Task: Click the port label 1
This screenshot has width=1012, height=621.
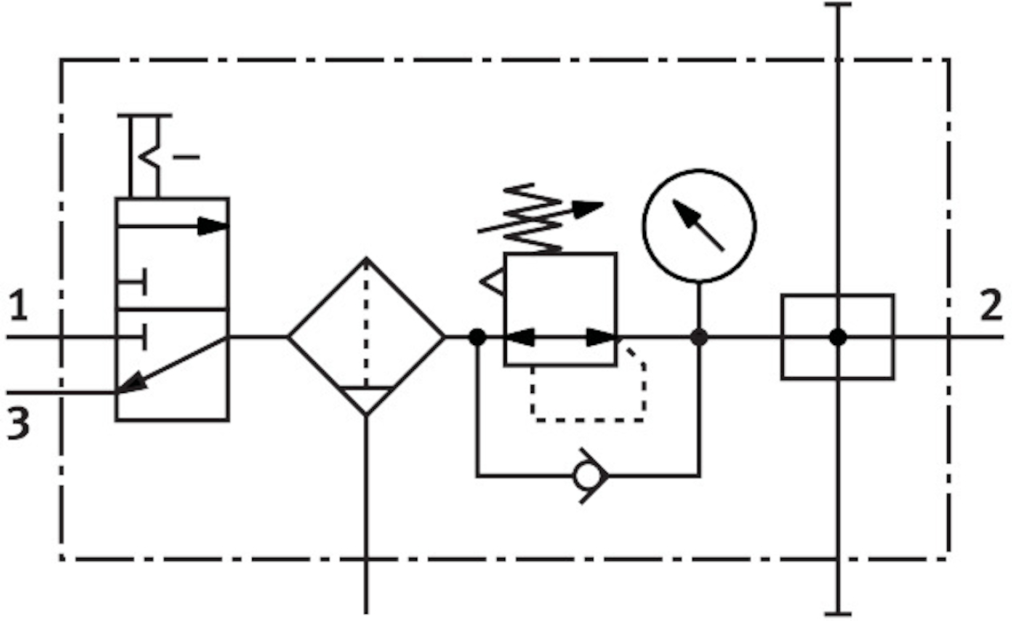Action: pyautogui.click(x=19, y=307)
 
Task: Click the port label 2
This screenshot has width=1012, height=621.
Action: pyautogui.click(x=992, y=307)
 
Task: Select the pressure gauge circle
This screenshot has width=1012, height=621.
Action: pyautogui.click(x=700, y=225)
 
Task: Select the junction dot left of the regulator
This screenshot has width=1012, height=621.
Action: pyautogui.click(x=477, y=337)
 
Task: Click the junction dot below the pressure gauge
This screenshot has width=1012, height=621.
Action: pyautogui.click(x=700, y=337)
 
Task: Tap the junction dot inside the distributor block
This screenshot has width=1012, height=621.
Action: pyautogui.click(x=837, y=337)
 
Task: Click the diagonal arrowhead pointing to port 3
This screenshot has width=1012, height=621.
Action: pyautogui.click(x=130, y=383)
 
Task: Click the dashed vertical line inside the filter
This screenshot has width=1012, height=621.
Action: pyautogui.click(x=366, y=319)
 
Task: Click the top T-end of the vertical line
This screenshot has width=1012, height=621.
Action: pyautogui.click(x=837, y=5)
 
